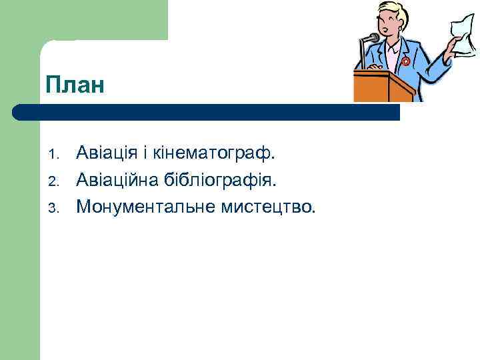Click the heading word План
(x=76, y=85)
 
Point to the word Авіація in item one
(x=106, y=154)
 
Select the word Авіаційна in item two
(x=117, y=180)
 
